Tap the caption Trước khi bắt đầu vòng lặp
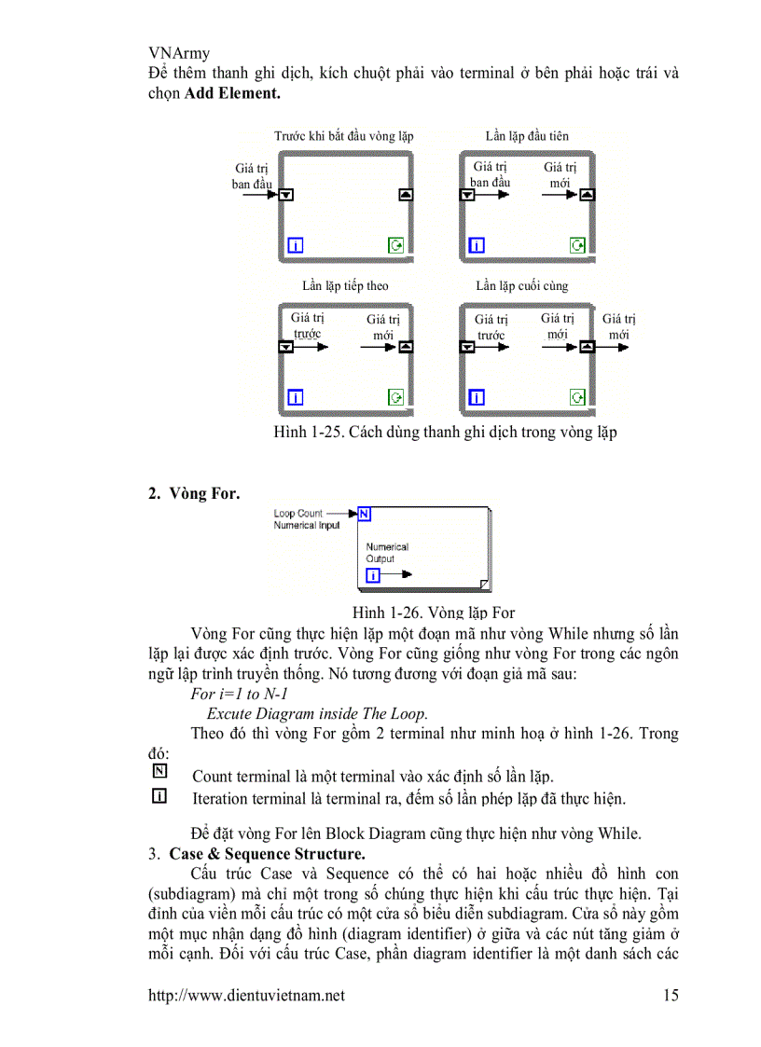(x=344, y=136)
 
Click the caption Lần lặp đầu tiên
(x=527, y=136)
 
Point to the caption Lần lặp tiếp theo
(x=345, y=286)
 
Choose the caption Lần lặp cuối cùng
(x=522, y=286)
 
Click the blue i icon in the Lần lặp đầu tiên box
(x=477, y=246)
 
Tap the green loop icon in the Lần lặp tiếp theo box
(x=396, y=398)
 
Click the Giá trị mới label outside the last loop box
(x=618, y=326)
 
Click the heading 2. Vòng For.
(x=193, y=494)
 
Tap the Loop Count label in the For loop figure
(x=297, y=513)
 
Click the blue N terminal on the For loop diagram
(x=365, y=513)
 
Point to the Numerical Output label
(x=386, y=553)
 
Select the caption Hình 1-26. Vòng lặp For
(x=433, y=613)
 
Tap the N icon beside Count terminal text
(x=159, y=772)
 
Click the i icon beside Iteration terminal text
(x=159, y=796)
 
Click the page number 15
(x=670, y=996)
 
